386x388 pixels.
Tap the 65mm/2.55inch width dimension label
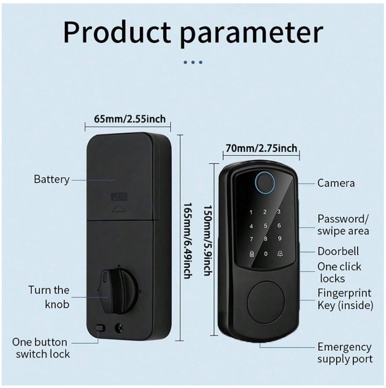pos(130,119)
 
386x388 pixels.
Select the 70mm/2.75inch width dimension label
pos(261,148)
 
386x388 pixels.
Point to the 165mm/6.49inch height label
pos(188,241)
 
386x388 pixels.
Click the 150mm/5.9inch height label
pos(208,240)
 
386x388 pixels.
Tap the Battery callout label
pos(52,180)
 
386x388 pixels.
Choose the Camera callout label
pos(336,183)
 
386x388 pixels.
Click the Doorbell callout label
pos(338,251)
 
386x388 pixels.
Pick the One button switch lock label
pos(41,348)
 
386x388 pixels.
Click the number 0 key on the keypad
pos(265,254)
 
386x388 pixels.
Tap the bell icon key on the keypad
pos(280,253)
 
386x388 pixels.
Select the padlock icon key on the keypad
pos(251,254)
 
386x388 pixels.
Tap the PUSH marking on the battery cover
pos(119,197)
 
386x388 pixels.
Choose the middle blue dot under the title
pos(193,62)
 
